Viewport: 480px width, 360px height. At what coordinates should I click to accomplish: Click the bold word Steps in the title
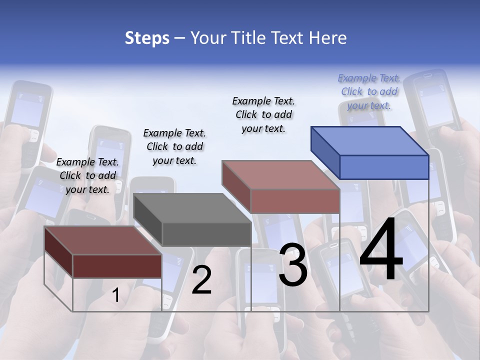point(147,38)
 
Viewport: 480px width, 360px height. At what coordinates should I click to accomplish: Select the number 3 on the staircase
point(293,265)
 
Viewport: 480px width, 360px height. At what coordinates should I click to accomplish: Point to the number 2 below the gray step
point(201,280)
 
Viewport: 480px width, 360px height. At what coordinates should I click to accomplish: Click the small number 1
point(115,295)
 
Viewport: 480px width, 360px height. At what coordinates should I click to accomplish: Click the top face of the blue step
point(370,140)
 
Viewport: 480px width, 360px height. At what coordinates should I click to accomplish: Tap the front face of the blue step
point(384,167)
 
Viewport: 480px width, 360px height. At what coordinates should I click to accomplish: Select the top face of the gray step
point(192,208)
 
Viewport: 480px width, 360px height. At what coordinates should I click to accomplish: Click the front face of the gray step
point(206,234)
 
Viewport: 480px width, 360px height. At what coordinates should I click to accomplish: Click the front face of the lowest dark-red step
point(117,266)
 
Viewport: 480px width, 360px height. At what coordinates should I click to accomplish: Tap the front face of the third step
point(295,201)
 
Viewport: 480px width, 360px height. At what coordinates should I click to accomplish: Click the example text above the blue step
point(369,92)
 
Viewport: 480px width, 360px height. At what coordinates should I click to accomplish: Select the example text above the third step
point(263,114)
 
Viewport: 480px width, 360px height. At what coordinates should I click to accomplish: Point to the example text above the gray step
point(174,146)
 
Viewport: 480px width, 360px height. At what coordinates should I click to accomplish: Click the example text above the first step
point(87,175)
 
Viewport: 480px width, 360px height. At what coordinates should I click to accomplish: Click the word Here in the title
point(328,38)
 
